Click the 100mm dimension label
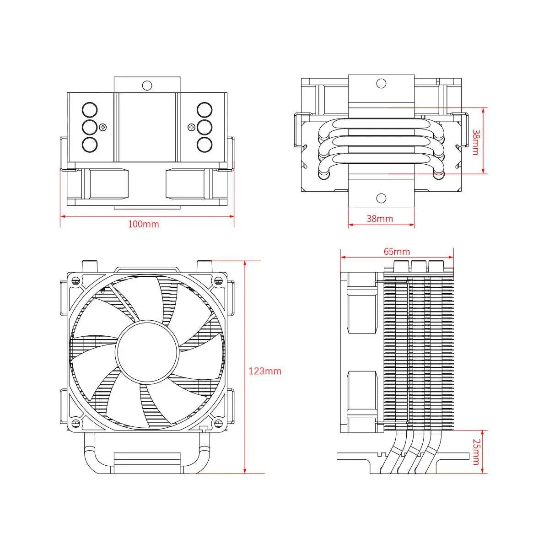143,224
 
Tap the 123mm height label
264,371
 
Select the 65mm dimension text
397,252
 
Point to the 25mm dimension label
476,452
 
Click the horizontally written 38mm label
380,219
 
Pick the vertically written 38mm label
476,142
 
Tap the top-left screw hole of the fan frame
76,280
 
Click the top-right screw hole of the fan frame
218,280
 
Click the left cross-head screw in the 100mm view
103,127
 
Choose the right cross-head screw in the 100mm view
191,127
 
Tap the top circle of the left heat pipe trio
90,110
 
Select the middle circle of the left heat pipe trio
90,127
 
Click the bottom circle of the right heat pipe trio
205,144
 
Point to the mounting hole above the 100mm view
147,85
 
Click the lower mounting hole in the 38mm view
381,198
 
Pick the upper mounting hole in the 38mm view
381,83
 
